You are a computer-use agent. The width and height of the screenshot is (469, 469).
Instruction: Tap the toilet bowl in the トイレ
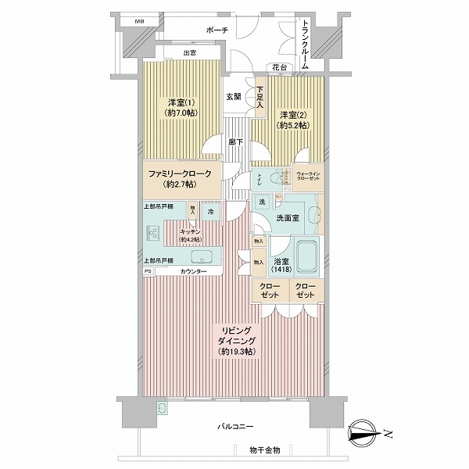(x=273, y=179)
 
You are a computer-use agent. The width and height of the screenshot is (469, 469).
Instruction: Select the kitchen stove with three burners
(x=152, y=233)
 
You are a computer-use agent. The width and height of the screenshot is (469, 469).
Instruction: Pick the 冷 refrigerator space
(x=209, y=211)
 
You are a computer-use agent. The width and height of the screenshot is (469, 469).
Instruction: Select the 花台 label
(x=278, y=68)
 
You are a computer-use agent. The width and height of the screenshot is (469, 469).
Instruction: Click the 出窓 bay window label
(x=189, y=52)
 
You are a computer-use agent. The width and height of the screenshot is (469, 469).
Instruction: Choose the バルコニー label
(x=235, y=427)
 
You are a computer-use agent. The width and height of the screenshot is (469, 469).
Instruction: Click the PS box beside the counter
(x=147, y=271)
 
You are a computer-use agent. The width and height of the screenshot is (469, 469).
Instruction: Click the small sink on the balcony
(x=162, y=408)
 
